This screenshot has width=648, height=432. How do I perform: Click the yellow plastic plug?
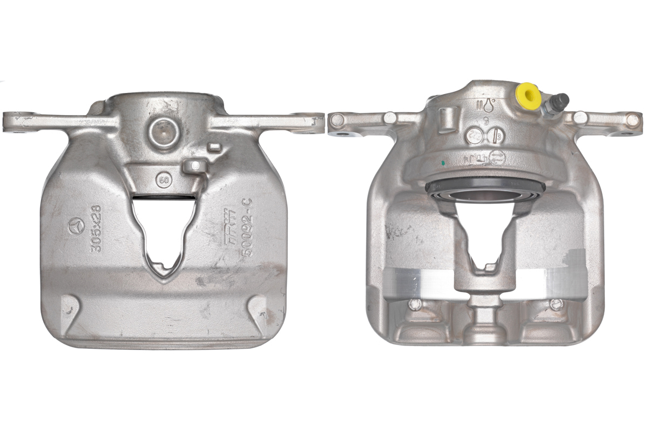click(528, 96)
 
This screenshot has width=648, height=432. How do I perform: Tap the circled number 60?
click(162, 178)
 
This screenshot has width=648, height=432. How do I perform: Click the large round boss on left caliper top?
click(163, 132)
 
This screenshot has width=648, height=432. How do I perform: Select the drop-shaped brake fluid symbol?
click(489, 105)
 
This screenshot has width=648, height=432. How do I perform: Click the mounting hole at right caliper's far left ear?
click(337, 120)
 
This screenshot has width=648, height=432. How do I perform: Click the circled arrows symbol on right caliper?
click(498, 157)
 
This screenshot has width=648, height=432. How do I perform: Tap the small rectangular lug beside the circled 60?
click(193, 165)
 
